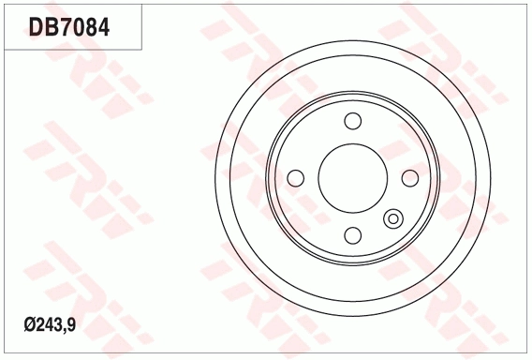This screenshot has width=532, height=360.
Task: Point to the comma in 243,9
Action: [63, 329]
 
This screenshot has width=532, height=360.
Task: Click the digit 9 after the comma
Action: [70, 325]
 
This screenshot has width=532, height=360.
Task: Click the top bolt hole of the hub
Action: [353, 121]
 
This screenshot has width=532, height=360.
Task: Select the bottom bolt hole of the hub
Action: [353, 235]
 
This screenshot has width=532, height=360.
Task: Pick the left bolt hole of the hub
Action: [296, 178]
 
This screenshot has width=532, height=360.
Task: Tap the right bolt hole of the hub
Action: [410, 178]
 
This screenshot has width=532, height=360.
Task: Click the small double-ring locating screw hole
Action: [393, 219]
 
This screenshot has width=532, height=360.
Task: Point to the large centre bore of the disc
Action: [353, 178]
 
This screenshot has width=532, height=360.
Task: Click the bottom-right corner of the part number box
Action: [142, 49]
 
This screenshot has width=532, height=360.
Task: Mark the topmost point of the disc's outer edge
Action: [353, 38]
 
